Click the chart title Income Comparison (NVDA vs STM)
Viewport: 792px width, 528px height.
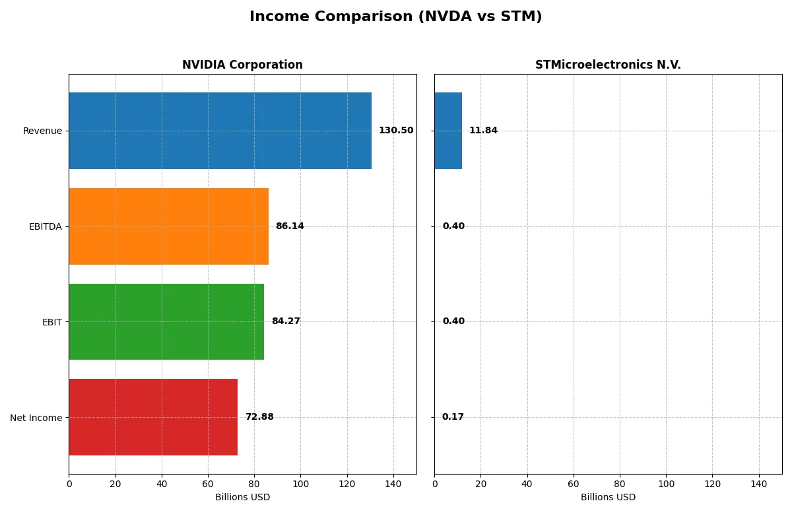395,17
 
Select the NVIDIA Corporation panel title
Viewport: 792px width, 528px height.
242,65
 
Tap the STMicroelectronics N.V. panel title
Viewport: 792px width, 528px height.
608,65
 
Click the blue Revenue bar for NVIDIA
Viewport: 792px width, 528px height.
220,131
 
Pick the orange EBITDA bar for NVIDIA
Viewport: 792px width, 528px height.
168,226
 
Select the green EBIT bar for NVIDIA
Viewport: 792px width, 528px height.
166,321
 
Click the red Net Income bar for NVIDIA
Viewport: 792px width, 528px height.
153,417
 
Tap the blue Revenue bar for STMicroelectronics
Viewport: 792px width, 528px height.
448,131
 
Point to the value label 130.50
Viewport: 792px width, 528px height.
396,131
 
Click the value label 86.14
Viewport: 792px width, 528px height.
290,226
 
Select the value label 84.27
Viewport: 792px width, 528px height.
286,321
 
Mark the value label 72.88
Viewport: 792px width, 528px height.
259,417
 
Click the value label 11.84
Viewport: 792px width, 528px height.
483,131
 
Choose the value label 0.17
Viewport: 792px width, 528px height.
453,417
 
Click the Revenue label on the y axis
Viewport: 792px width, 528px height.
42,131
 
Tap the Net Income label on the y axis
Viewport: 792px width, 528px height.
36,417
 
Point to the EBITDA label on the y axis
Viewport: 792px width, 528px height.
45,226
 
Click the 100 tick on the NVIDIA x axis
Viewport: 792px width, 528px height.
300,484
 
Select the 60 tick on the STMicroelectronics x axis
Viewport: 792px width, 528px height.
574,484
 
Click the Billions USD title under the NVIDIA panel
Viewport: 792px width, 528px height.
242,498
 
